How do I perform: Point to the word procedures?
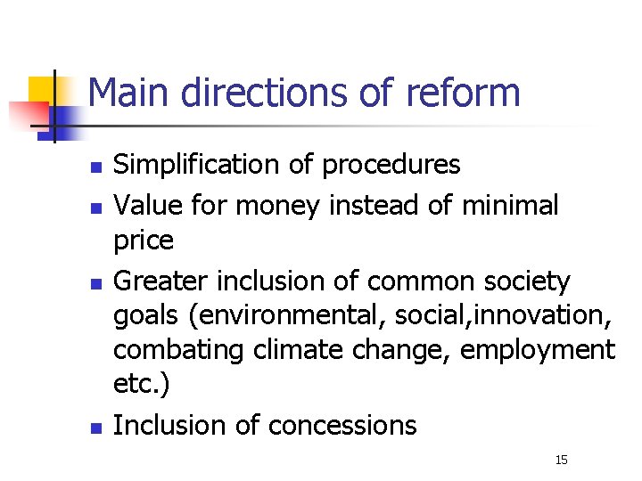391,165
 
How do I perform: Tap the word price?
144,240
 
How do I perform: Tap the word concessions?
342,426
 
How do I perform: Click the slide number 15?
561,460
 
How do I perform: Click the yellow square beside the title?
43,89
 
